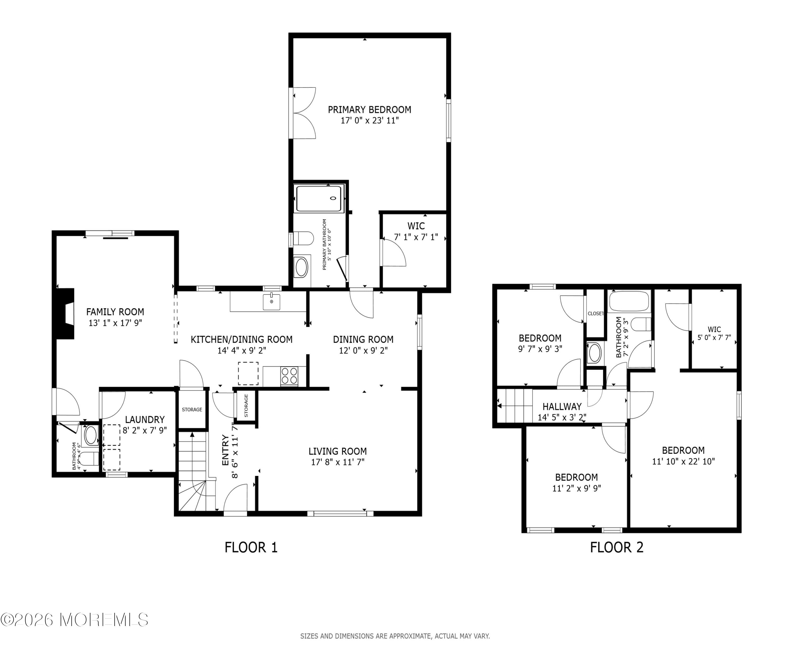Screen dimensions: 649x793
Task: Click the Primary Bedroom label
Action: (x=369, y=110)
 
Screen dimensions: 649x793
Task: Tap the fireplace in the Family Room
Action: (x=66, y=314)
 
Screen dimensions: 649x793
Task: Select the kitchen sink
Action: (x=271, y=302)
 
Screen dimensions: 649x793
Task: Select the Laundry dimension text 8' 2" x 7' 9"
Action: (x=145, y=430)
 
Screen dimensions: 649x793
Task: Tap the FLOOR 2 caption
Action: (x=616, y=547)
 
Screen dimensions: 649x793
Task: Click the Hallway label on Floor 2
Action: (x=562, y=406)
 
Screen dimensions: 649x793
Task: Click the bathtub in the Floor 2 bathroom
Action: (x=629, y=301)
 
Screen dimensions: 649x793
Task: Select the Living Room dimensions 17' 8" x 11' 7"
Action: (x=337, y=462)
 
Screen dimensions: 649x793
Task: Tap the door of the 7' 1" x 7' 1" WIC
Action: (x=394, y=253)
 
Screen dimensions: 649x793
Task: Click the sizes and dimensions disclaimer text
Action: (x=395, y=636)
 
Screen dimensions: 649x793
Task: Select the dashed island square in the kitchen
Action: (x=248, y=373)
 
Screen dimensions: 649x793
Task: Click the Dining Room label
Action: (x=363, y=339)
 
